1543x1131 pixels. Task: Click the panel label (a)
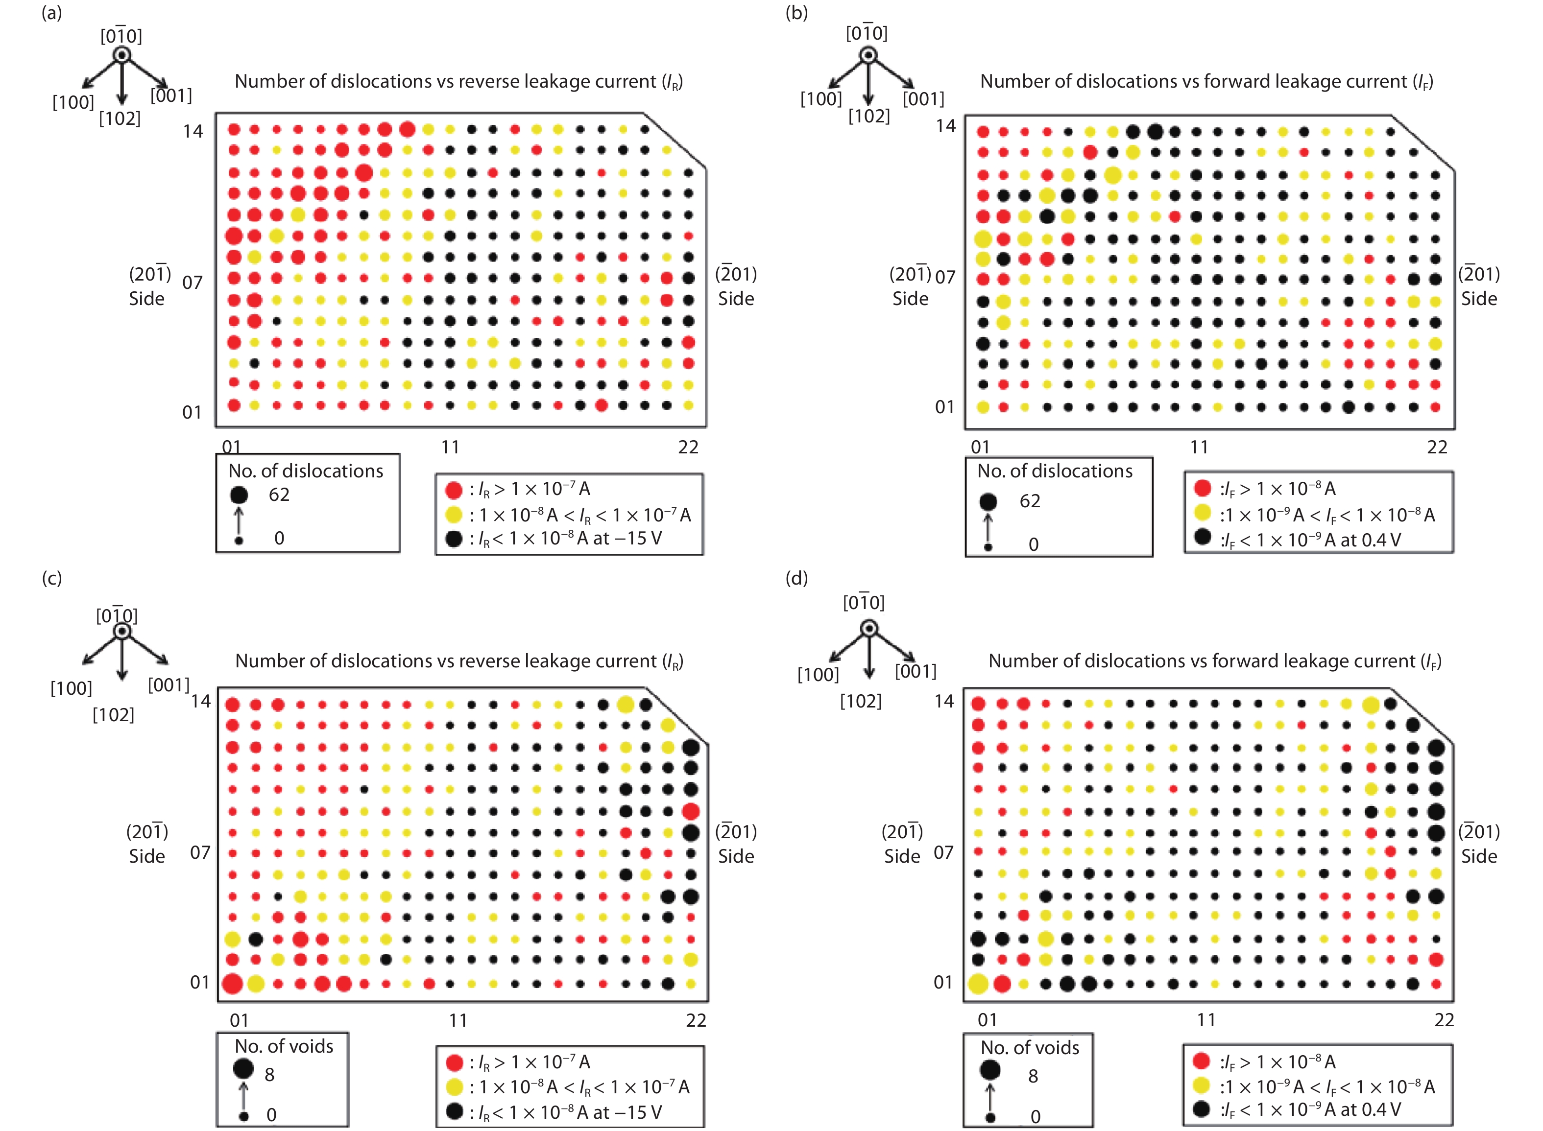click(x=51, y=13)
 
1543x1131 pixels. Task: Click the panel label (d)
click(x=796, y=579)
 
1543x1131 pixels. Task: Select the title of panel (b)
click(x=1206, y=81)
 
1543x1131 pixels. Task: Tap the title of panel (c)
click(x=459, y=661)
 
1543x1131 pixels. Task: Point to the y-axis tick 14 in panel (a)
click(x=193, y=131)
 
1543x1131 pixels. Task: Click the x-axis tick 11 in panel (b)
click(x=1199, y=448)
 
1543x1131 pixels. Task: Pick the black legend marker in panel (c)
click(x=454, y=1111)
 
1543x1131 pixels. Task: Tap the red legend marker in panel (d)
click(x=1201, y=1061)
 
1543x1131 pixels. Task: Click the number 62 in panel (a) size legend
click(x=279, y=495)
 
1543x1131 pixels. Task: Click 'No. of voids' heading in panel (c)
click(x=284, y=1047)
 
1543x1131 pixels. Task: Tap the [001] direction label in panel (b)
click(x=923, y=99)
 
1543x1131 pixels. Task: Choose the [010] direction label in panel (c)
click(x=117, y=615)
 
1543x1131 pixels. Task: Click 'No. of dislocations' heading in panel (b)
click(x=1055, y=471)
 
